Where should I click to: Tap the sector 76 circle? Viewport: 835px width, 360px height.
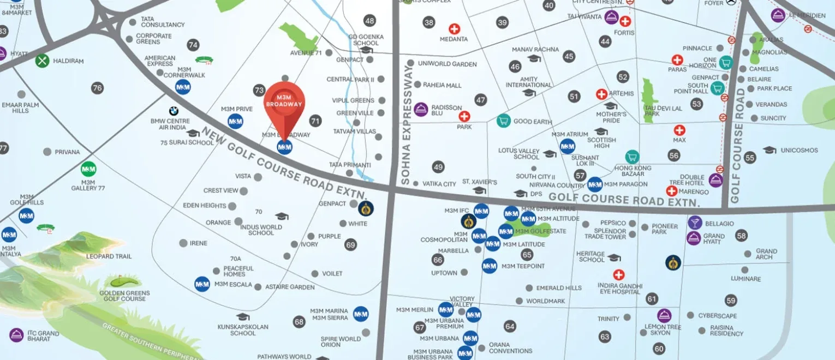[97, 88]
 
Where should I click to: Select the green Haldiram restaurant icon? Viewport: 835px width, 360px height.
[43, 61]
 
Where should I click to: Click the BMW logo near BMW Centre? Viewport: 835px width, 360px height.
[174, 111]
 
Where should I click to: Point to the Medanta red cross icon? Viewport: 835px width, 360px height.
[454, 29]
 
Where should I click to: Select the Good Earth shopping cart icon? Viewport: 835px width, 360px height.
[503, 121]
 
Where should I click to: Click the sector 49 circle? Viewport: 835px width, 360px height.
[438, 167]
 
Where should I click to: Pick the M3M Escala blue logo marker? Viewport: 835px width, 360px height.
[202, 284]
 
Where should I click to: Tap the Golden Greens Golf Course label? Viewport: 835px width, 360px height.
[124, 296]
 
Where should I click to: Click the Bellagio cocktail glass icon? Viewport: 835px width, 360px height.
[694, 223]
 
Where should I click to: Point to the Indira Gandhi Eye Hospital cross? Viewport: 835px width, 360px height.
[618, 275]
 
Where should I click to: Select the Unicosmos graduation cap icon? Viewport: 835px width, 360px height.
[770, 150]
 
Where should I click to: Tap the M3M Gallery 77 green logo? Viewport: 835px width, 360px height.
[88, 169]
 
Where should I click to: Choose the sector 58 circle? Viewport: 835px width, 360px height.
[741, 236]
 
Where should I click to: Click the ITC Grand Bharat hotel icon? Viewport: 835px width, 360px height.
[16, 335]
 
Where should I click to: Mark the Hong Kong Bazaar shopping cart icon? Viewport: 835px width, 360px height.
[632, 157]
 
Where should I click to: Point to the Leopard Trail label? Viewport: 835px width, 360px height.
[109, 256]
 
